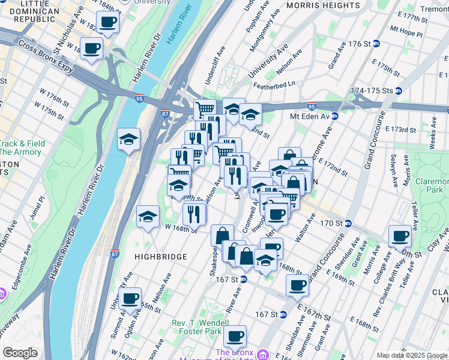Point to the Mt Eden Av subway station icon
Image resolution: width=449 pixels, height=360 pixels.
335,116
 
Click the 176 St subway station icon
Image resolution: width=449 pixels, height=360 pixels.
376,44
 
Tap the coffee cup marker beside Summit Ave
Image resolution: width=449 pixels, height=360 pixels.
130,298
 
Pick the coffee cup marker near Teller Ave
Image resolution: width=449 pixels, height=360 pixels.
400,236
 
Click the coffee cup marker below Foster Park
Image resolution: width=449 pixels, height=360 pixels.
235,336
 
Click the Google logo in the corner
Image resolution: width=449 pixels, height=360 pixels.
20,353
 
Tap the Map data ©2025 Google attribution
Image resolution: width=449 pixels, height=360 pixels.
412,355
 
